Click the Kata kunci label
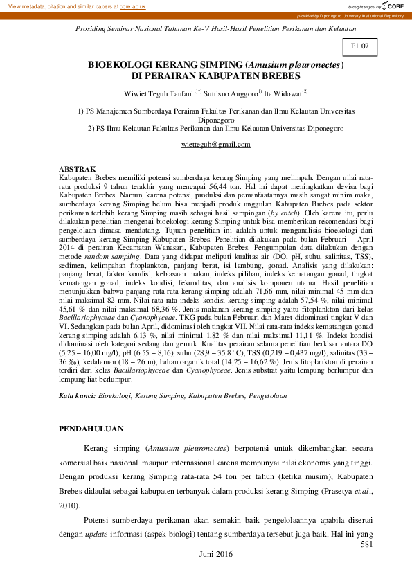(76, 395)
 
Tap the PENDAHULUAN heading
(93, 429)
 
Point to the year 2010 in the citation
(70, 505)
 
